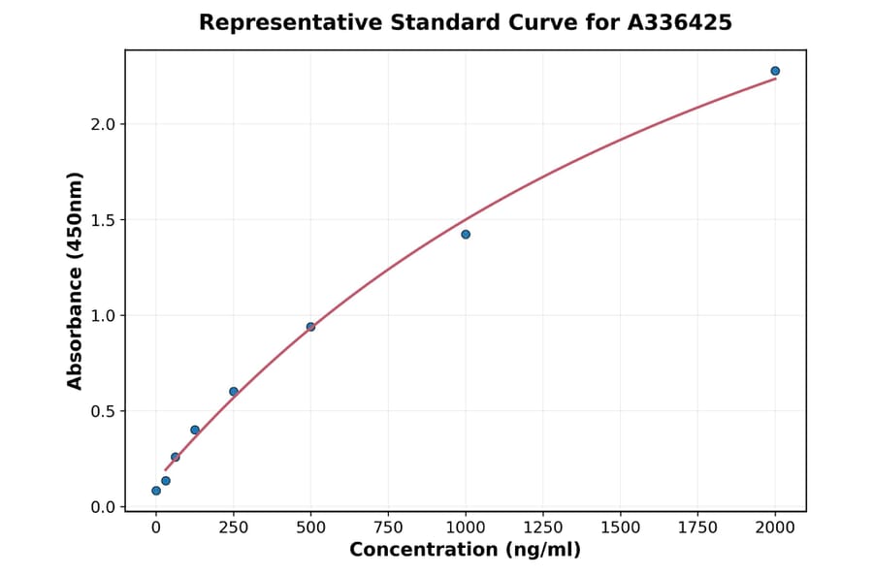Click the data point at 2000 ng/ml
775,71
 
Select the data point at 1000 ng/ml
466,235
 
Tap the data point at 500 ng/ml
310,327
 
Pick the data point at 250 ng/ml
234,392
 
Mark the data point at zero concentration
156,491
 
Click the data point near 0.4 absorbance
195,430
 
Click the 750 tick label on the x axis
388,528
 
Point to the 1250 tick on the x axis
543,528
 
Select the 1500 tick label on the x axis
621,528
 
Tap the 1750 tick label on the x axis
698,528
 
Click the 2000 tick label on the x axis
775,528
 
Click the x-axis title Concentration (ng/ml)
466,551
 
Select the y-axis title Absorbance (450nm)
76,280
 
